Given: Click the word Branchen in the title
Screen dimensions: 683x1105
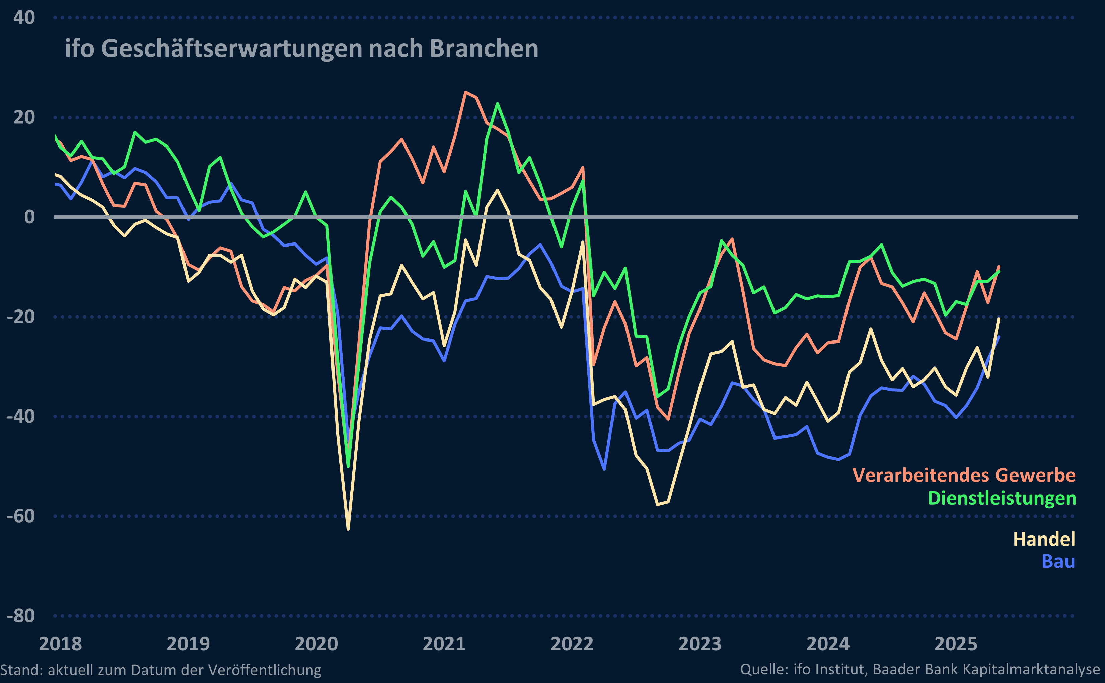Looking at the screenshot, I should click(484, 48).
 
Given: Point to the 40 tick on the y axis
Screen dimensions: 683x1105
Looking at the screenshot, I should click(24, 18).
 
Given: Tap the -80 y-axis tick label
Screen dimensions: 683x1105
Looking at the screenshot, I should click(21, 616).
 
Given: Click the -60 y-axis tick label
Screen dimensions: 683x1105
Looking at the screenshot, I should click(21, 516).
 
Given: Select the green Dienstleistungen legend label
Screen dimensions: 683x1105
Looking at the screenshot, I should click(1002, 498).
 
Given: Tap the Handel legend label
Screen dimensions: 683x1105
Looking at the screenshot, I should click(1044, 539).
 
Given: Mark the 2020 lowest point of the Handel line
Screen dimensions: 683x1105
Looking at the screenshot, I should click(348, 529).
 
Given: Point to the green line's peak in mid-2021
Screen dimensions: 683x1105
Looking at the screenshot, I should click(497, 103).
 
